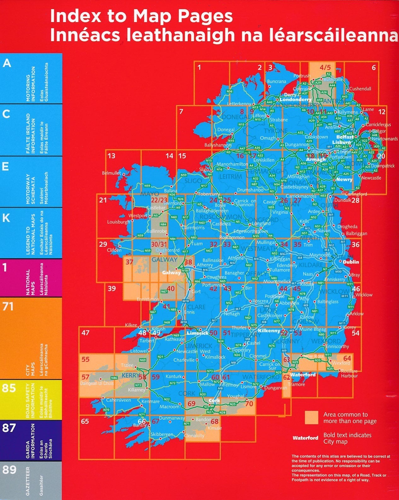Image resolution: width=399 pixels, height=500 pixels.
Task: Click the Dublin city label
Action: [351, 262]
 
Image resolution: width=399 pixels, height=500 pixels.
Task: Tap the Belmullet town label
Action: [112, 173]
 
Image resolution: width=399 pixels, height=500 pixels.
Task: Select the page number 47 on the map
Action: [85, 332]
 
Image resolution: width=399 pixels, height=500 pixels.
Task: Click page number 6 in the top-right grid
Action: [374, 67]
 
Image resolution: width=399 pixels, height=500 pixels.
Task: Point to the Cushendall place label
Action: [360, 89]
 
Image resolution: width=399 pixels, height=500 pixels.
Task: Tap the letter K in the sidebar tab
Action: [6, 218]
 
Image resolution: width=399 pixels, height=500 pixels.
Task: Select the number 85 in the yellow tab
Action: [9, 388]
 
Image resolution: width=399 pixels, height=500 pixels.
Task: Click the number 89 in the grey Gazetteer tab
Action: [9, 470]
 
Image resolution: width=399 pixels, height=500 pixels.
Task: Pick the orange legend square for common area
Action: [311, 417]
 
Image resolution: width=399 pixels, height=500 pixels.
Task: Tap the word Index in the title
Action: [74, 16]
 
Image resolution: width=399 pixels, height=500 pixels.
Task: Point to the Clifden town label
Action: [114, 250]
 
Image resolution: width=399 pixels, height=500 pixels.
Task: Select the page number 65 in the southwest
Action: [85, 421]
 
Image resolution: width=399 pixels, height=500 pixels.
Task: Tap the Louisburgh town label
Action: [118, 222]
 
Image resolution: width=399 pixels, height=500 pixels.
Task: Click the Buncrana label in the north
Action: [276, 82]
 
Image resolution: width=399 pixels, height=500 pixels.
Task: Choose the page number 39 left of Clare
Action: [112, 288]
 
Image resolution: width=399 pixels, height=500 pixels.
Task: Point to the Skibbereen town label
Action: [162, 434]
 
